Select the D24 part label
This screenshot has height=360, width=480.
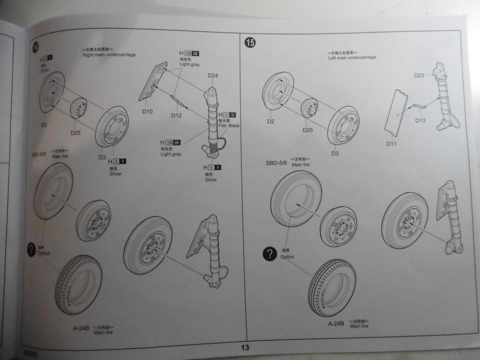(x=213, y=76)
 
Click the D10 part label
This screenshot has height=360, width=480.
(x=147, y=112)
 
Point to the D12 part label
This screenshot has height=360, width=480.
(x=176, y=116)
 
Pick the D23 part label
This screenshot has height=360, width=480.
(x=419, y=75)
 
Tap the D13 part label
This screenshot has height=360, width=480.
(x=421, y=120)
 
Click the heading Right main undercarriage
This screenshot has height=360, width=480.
(x=109, y=55)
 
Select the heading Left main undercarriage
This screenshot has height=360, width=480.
(x=352, y=58)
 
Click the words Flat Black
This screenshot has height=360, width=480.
(x=228, y=126)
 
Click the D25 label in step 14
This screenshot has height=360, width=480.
(x=75, y=132)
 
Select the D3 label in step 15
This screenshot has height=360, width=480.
(x=335, y=153)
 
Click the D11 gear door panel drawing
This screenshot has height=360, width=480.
(x=396, y=113)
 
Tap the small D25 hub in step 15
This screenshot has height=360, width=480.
(x=310, y=108)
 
